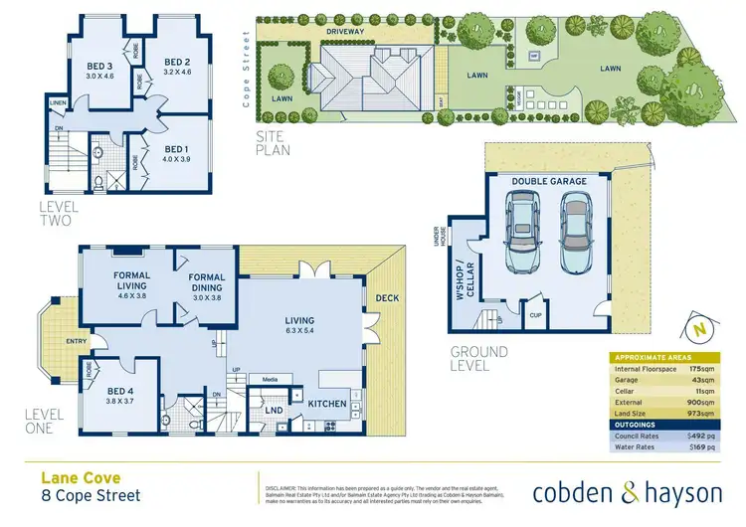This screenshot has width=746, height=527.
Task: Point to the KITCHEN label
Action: pos(326,404)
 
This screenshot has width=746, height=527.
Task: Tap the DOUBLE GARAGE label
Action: pos(549,182)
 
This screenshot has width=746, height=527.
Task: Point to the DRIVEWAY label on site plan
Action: pos(345,31)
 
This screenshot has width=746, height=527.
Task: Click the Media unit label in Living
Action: pos(270,379)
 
